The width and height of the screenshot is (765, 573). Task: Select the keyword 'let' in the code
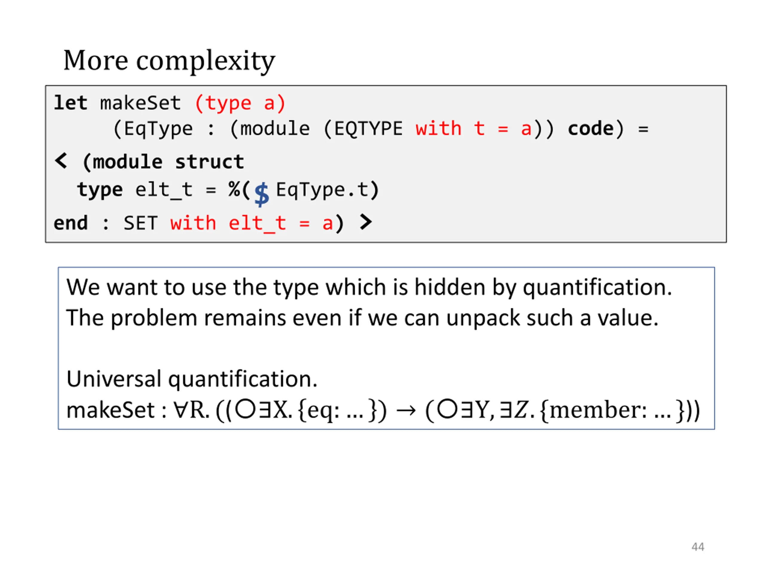71,103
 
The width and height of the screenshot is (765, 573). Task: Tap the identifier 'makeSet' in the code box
140,103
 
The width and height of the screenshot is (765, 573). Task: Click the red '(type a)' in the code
240,103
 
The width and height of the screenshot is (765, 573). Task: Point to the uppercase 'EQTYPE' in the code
369,129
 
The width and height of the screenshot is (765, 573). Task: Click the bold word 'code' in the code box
591,129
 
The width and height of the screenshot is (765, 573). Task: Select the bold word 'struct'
209,162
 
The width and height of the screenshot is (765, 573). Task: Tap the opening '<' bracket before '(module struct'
61,161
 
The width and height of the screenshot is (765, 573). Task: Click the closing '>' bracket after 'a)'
365,222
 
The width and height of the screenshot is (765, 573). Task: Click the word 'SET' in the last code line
140,223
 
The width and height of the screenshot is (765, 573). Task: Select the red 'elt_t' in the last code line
257,223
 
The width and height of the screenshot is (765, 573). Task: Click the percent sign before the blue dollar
234,190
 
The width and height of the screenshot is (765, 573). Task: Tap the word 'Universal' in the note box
114,379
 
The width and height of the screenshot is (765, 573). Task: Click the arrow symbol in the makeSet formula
406,410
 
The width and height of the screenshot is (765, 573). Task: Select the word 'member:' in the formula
598,410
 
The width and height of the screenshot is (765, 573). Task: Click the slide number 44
697,547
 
